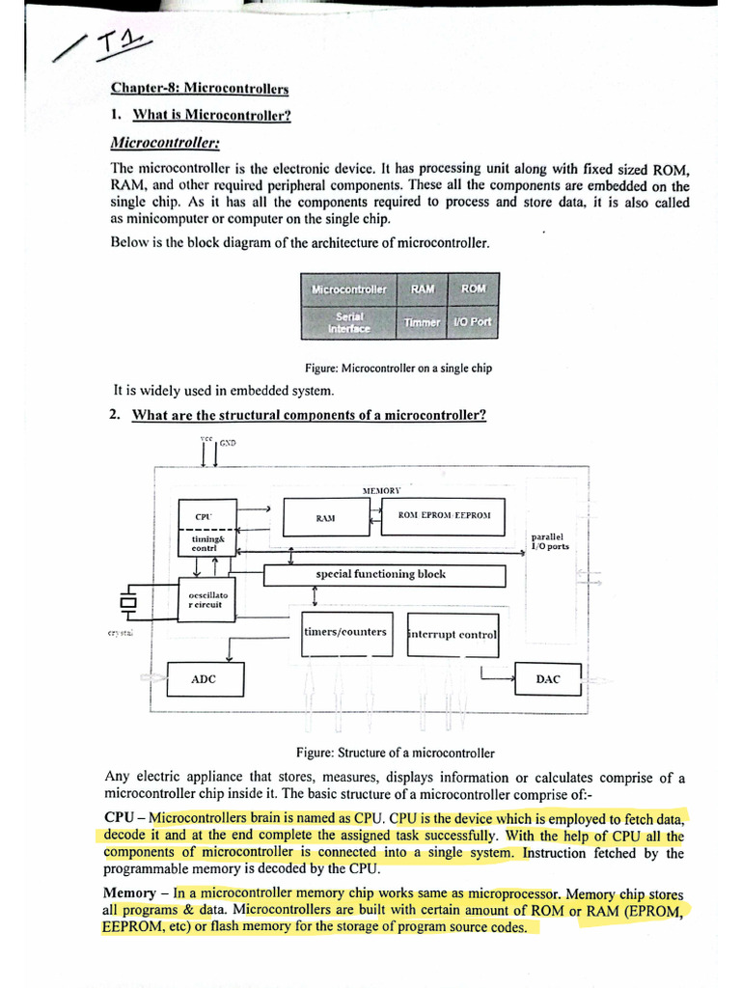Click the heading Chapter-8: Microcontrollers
pyautogui.click(x=200, y=89)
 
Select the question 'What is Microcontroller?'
pyautogui.click(x=211, y=116)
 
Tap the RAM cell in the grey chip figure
pyautogui.click(x=423, y=289)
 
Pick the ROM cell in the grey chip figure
pyautogui.click(x=474, y=289)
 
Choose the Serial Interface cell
pyautogui.click(x=349, y=322)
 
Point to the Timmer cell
pyautogui.click(x=423, y=322)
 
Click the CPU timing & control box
pyautogui.click(x=204, y=528)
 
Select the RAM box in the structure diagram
pyautogui.click(x=326, y=518)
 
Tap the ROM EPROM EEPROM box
pyautogui.click(x=444, y=516)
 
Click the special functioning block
pyautogui.click(x=383, y=575)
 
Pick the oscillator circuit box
pyautogui.click(x=206, y=599)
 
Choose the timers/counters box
pyautogui.click(x=346, y=633)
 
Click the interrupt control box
pyautogui.click(x=453, y=635)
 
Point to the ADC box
pyautogui.click(x=205, y=679)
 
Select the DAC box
pyautogui.click(x=548, y=679)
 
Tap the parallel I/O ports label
pyautogui.click(x=550, y=541)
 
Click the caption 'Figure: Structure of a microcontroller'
pyautogui.click(x=395, y=753)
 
